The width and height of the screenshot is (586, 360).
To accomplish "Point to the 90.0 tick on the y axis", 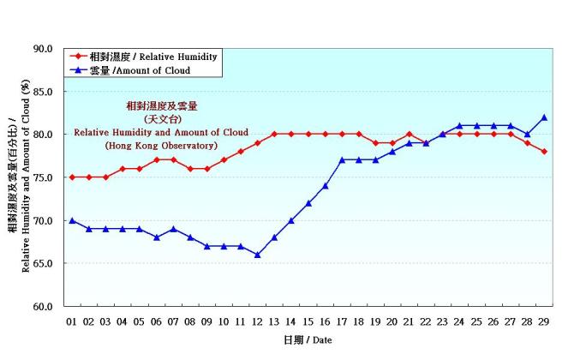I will pos(42,49).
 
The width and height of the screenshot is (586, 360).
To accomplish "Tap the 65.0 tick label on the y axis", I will pos(42,263).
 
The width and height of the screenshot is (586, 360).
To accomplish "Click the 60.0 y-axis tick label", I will pos(42,306).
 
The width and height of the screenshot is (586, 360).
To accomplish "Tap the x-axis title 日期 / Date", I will pos(307,340).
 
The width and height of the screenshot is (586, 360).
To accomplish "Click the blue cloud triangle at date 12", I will pos(257,255).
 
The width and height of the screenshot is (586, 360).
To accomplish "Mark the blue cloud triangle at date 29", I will pos(544,117).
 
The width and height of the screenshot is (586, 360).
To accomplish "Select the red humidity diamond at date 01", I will pos(72,177).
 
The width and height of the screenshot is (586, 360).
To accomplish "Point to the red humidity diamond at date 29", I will pos(544,152).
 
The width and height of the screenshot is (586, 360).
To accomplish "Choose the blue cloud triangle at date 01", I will pos(72,220).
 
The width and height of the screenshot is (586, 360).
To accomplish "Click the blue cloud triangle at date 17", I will pos(342,160).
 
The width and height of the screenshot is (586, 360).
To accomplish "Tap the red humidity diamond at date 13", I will pos(274,135).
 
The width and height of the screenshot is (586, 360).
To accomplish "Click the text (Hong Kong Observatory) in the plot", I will pos(161,146).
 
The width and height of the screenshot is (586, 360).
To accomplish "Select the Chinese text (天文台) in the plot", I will pos(161,119).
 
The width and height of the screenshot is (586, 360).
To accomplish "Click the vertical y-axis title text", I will pos(18,177).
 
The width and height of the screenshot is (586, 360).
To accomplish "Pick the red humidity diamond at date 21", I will pos(410,135).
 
